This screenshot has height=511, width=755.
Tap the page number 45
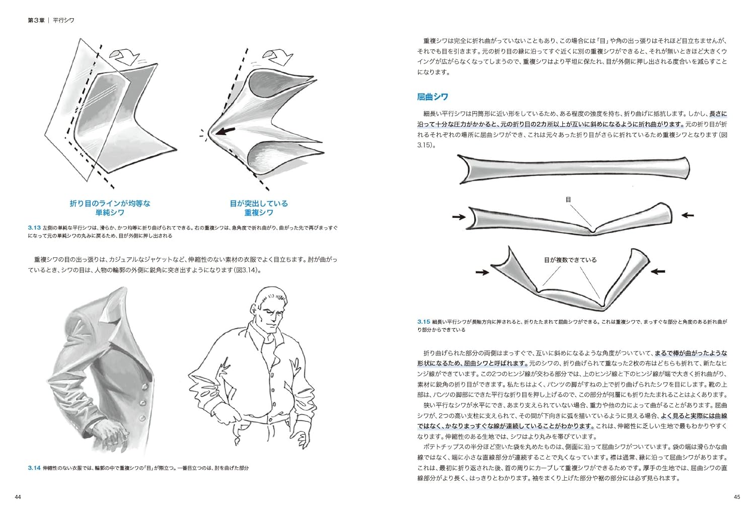(737, 497)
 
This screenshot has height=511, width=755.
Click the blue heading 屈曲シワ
(432, 97)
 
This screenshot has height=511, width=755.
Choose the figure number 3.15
(423, 321)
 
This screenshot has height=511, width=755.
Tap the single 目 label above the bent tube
(568, 200)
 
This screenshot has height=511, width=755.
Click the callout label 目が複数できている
(570, 260)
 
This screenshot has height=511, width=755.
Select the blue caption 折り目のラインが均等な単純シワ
(110, 208)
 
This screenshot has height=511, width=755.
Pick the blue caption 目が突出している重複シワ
(259, 208)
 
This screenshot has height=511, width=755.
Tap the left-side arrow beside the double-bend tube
(482, 272)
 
